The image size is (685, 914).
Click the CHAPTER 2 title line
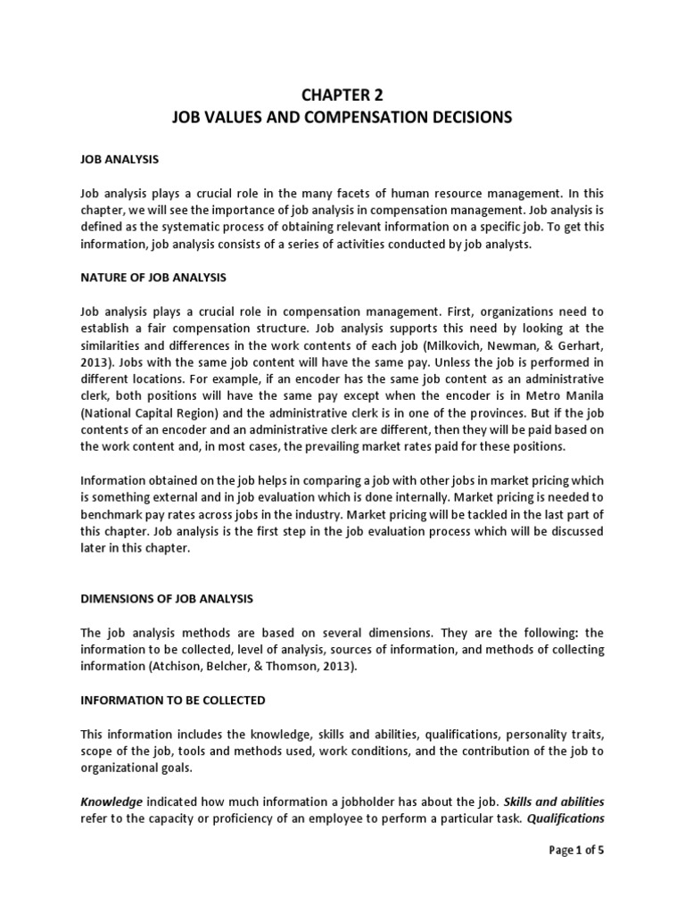[x=342, y=96]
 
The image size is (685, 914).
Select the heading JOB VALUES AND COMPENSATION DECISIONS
[x=342, y=118]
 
